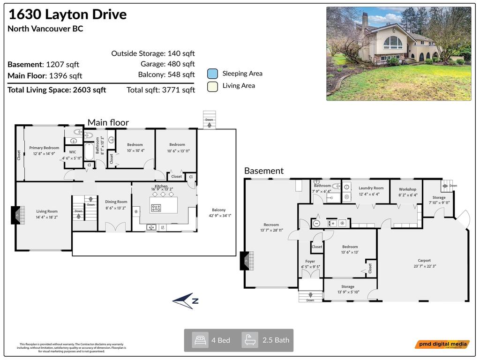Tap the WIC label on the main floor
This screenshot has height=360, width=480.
(73, 152)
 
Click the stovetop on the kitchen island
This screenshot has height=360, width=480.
(157, 208)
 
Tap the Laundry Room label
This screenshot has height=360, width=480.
(371, 188)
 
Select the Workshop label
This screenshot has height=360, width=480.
(407, 189)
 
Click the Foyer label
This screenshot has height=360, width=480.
(310, 262)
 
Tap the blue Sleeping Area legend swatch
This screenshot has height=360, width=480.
(212, 74)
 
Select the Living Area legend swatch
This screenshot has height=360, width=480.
(212, 86)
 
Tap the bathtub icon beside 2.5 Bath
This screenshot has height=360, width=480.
(250, 340)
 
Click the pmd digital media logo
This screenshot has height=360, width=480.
(442, 345)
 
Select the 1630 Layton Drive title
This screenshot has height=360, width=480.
(67, 14)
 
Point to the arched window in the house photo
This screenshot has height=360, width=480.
(393, 43)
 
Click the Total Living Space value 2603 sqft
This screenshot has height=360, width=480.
(90, 90)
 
